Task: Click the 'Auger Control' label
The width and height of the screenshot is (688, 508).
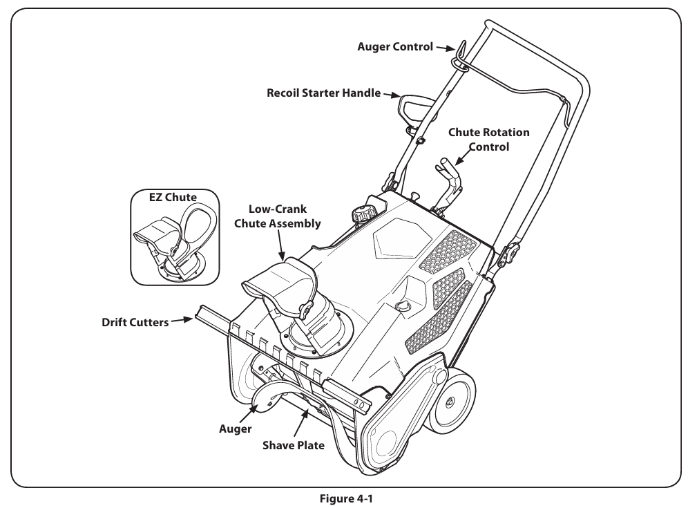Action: click(394, 48)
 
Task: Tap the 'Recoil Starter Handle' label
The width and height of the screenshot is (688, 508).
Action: click(323, 93)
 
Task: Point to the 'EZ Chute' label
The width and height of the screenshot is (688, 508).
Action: click(173, 198)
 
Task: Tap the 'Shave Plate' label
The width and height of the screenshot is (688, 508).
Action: click(293, 445)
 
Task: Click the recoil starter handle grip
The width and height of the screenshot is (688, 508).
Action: click(410, 106)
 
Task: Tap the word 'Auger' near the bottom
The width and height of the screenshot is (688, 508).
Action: click(236, 429)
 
